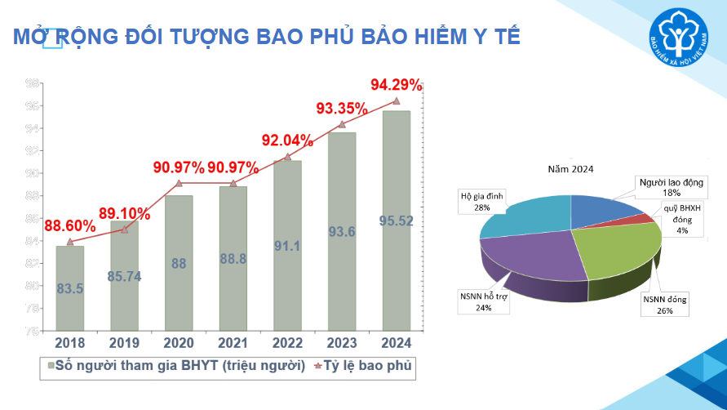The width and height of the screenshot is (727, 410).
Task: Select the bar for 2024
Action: pyautogui.click(x=397, y=221)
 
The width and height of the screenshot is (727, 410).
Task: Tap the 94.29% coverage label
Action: pyautogui.click(x=397, y=85)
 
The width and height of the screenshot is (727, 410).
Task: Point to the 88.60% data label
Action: pyautogui.click(x=70, y=226)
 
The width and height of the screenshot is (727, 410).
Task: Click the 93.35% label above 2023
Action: pyautogui.click(x=342, y=109)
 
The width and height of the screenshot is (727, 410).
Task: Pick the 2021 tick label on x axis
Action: pyautogui.click(x=233, y=343)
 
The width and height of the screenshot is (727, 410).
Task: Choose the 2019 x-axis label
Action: pyautogui.click(x=124, y=343)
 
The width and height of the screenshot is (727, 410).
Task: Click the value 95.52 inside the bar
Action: pyautogui.click(x=397, y=221)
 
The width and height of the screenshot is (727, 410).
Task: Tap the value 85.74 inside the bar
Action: pyautogui.click(x=124, y=276)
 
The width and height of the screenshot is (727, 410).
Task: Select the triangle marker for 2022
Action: pyautogui.click(x=287, y=156)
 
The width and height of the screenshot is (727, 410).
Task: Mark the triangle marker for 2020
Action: pyautogui.click(x=179, y=183)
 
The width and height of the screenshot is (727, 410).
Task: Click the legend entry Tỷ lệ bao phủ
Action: pyautogui.click(x=360, y=368)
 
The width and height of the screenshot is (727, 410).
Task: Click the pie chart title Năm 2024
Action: pyautogui.click(x=570, y=169)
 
